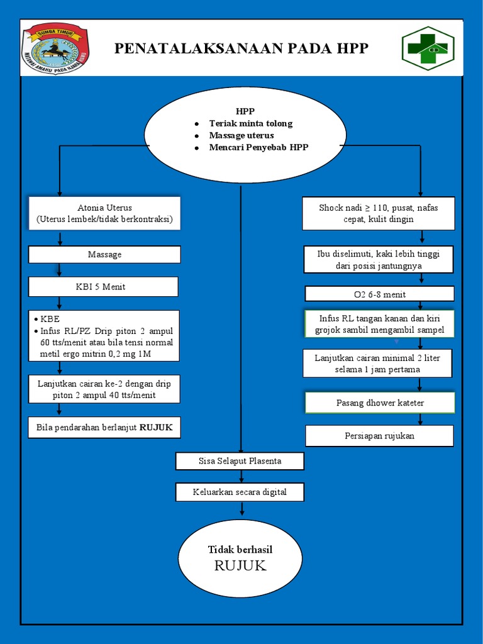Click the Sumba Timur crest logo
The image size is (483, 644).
[55, 48]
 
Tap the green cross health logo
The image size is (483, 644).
[428, 48]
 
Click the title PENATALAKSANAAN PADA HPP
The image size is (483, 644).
[241, 48]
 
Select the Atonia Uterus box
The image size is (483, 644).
[104, 213]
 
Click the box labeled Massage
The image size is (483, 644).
[104, 255]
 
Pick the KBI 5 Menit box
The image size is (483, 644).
[103, 287]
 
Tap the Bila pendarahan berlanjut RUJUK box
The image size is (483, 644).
[104, 428]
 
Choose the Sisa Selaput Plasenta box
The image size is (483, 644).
[240, 461]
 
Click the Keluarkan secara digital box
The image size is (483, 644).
[240, 492]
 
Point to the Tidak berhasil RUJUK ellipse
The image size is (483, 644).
[240, 558]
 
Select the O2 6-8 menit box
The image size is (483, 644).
[379, 294]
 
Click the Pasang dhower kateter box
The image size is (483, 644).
[380, 402]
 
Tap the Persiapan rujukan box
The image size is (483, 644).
[379, 436]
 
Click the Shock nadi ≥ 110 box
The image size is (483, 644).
[378, 213]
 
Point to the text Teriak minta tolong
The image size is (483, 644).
[250, 123]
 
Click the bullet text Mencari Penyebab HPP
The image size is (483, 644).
[258, 147]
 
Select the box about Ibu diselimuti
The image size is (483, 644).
[378, 260]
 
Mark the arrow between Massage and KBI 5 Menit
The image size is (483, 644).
[60, 270]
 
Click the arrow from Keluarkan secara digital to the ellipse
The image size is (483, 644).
[241, 508]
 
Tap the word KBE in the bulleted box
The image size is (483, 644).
[50, 319]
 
